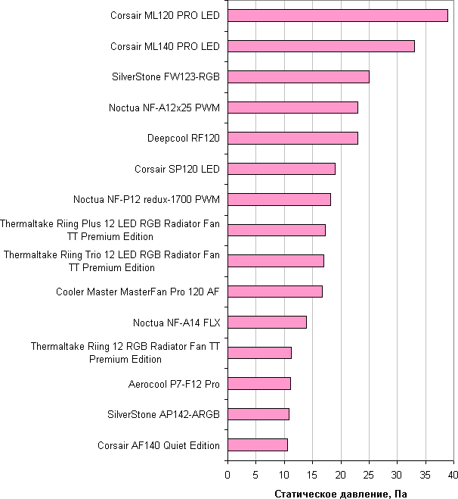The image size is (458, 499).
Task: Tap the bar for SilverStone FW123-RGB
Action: click(298, 76)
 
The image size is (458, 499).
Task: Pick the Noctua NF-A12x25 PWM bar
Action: click(292, 108)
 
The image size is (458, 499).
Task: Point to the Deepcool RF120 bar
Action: click(292, 138)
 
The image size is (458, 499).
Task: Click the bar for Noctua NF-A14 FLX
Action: click(267, 322)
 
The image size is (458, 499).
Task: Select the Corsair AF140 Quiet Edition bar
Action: click(257, 444)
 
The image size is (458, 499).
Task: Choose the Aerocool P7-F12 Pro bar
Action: click(258, 383)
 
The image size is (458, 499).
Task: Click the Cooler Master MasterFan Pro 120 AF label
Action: click(138, 292)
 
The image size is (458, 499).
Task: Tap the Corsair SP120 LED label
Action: click(177, 169)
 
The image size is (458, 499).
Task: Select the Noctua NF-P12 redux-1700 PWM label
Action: click(147, 200)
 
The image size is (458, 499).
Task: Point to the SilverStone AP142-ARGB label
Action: click(164, 414)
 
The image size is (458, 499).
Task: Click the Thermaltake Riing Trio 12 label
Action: click(112, 261)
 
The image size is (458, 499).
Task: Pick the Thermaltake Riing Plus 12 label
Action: click(110, 230)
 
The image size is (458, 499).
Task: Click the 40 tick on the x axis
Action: click(453, 475)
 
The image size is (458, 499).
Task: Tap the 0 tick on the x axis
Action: click(227, 475)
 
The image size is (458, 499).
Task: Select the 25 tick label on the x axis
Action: click(368, 475)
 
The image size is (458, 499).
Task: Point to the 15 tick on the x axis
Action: click(312, 475)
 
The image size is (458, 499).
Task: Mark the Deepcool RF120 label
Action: click(183, 139)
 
